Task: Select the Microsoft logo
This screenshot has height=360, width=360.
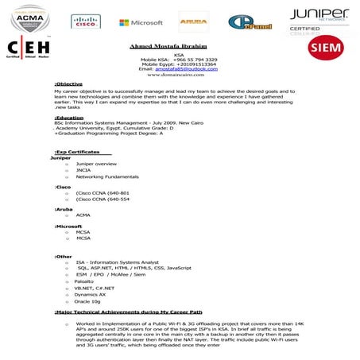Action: [x=141, y=23]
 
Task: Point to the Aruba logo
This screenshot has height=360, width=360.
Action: [x=193, y=23]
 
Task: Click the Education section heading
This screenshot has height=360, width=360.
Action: [x=70, y=117]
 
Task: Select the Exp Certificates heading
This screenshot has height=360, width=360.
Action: [x=77, y=151]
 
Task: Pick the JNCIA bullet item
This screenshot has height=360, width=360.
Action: [x=83, y=170]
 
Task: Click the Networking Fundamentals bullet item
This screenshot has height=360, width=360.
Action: [x=107, y=176]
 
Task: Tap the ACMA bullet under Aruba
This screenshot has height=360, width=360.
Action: [x=83, y=215]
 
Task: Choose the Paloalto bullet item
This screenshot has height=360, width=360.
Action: [x=84, y=281]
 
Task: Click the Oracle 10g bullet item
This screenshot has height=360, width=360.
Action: [x=87, y=302]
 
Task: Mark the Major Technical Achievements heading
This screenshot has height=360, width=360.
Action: [x=129, y=312]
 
